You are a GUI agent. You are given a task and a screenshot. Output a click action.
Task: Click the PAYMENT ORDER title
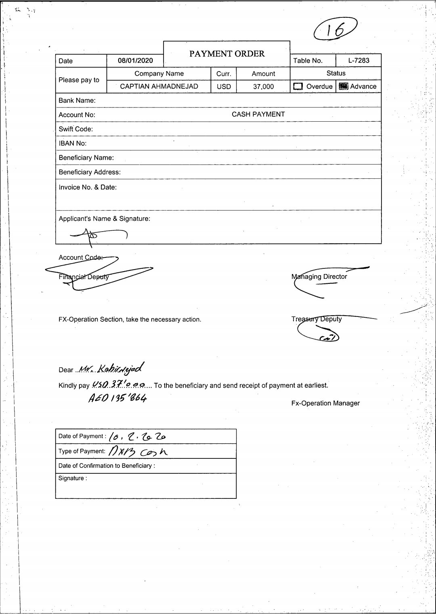[x=227, y=54]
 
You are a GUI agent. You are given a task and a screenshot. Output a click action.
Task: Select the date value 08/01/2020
[x=135, y=61]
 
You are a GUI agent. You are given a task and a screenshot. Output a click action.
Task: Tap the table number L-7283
[x=358, y=60]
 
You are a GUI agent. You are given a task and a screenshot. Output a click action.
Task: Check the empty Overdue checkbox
[x=298, y=86]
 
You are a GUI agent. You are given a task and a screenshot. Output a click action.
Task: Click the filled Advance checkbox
[x=343, y=86]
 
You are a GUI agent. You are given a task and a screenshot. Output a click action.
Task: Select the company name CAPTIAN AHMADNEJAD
[x=159, y=87]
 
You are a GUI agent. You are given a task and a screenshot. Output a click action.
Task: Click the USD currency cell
[x=224, y=87]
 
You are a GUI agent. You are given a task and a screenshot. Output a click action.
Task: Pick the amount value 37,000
[x=263, y=87]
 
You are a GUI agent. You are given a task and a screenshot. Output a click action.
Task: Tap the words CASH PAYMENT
[x=258, y=114]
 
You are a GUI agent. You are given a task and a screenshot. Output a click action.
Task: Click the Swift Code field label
[x=75, y=129]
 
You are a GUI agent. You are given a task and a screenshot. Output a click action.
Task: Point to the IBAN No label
[x=73, y=143]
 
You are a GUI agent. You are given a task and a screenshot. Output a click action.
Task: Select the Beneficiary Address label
[x=90, y=172]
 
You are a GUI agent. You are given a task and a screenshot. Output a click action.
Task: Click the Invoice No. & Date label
[x=88, y=187]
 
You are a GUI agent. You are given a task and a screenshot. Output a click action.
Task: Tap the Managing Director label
[x=319, y=277]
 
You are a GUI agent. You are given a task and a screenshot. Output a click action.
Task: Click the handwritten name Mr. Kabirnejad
[x=111, y=368]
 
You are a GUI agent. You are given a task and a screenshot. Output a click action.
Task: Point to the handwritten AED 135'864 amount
[x=117, y=398]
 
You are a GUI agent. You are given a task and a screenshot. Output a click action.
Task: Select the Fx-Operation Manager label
[x=325, y=403]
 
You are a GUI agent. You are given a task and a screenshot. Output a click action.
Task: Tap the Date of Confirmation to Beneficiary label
[x=107, y=466]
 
